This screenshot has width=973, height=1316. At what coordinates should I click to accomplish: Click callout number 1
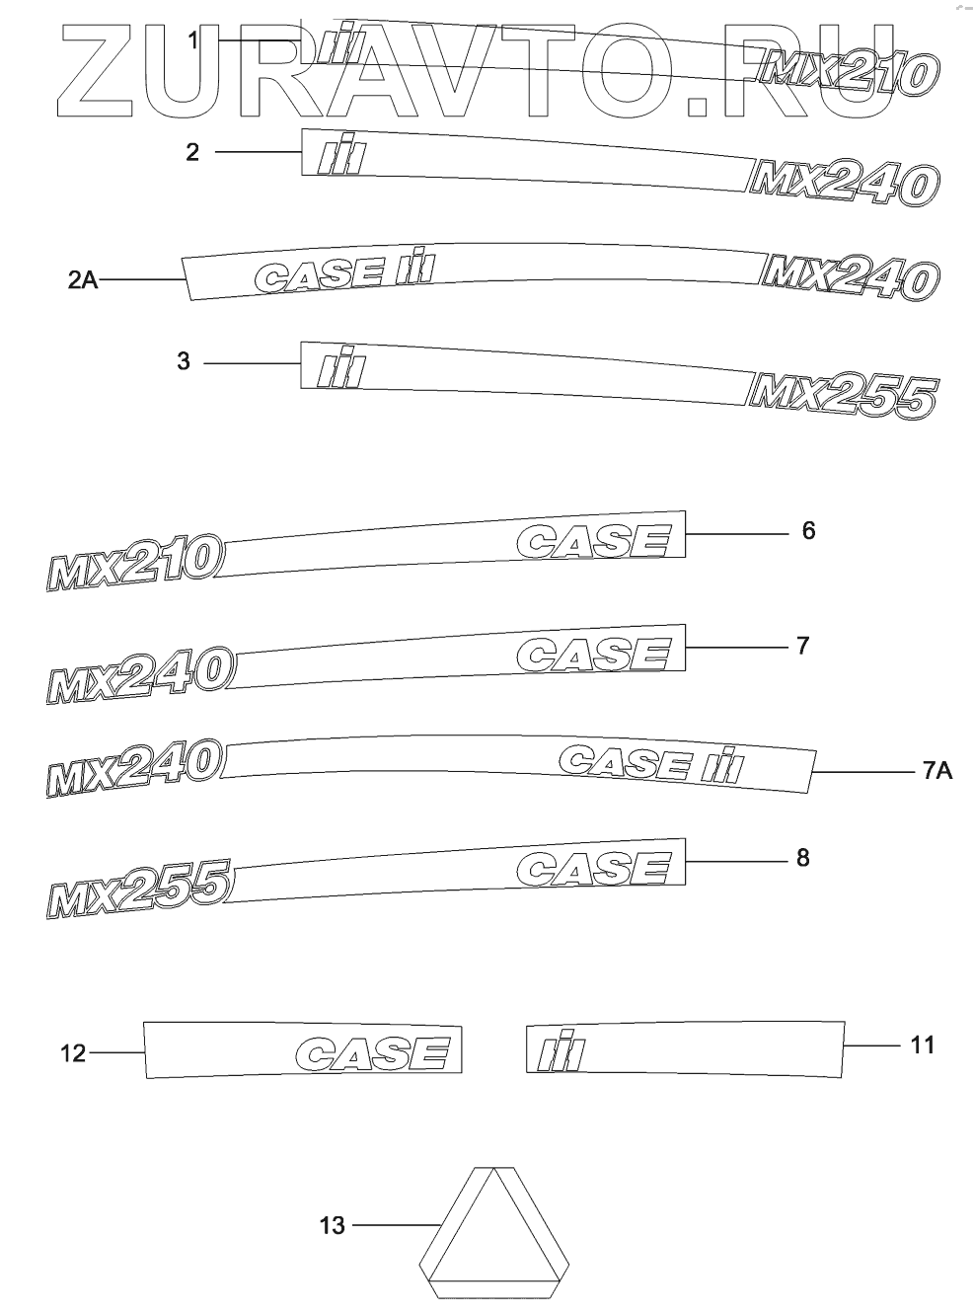click(194, 40)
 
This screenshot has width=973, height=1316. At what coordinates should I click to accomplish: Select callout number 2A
click(83, 280)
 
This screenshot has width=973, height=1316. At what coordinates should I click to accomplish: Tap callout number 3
click(184, 361)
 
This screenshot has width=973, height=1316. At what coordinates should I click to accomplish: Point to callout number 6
click(808, 531)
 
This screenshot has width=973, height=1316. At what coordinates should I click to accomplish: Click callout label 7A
click(937, 771)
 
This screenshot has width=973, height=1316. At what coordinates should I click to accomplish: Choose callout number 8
click(802, 858)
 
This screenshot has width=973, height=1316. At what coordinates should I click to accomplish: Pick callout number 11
click(922, 1045)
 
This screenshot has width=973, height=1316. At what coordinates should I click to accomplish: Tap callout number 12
click(73, 1054)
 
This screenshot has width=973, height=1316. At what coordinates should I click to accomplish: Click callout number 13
click(333, 1226)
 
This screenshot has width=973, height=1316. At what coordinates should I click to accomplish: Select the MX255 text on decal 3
click(841, 396)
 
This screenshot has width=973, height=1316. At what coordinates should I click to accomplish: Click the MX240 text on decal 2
click(841, 183)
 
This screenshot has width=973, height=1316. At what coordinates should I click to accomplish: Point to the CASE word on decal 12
click(379, 1052)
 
